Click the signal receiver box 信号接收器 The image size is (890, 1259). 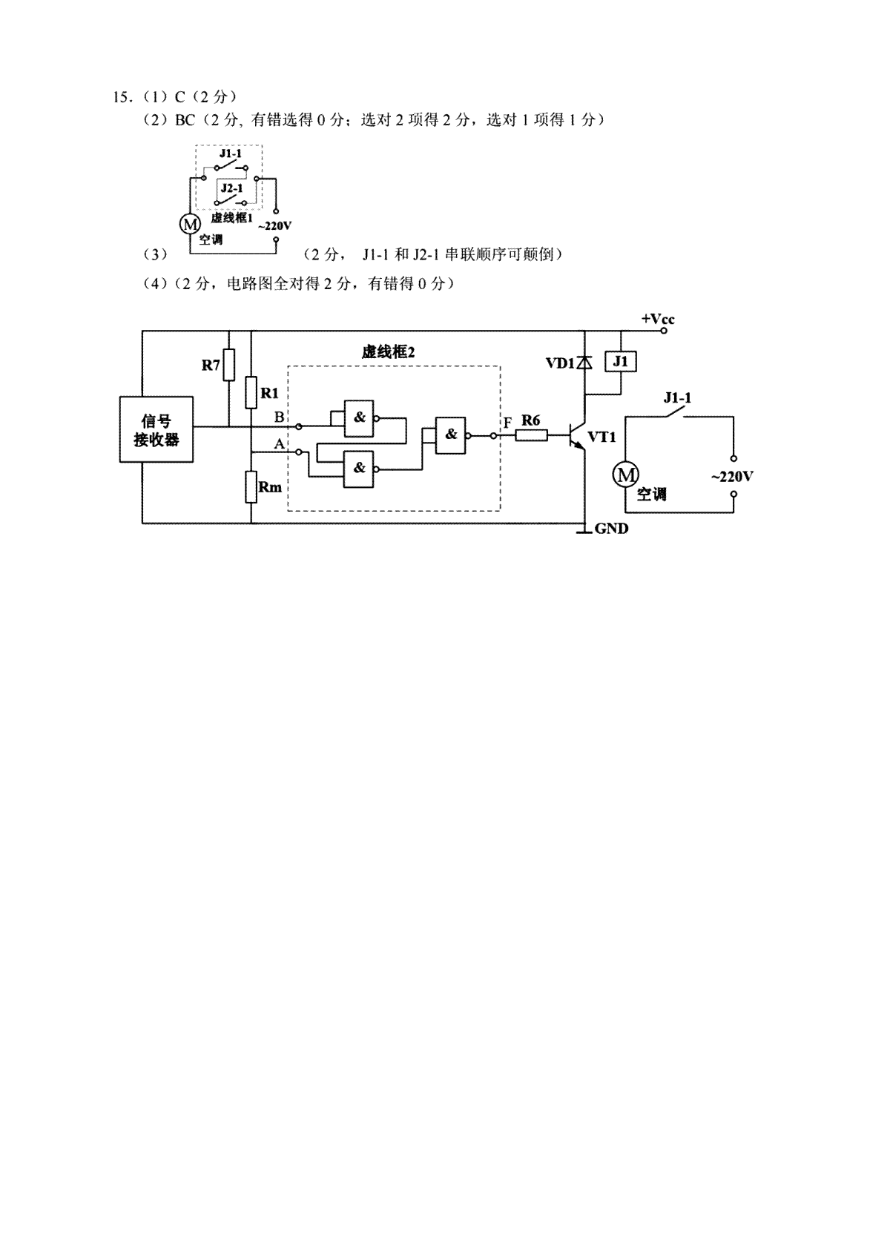tap(156, 429)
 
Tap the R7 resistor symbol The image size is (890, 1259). tap(229, 365)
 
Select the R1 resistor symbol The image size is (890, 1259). tap(251, 392)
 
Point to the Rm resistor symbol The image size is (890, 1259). tap(251, 486)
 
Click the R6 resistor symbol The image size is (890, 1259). tap(531, 435)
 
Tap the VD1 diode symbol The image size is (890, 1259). tap(584, 363)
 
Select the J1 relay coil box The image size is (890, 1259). tap(621, 361)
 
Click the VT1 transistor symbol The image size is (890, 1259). tap(578, 435)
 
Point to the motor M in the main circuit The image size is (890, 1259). tap(625, 475)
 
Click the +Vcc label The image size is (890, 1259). tap(658, 320)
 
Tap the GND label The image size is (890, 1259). tap(611, 529)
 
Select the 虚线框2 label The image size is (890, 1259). tap(388, 352)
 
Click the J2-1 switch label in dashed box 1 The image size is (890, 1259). tap(231, 188)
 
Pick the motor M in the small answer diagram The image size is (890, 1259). tap(190, 224)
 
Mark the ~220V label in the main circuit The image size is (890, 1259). tap(732, 478)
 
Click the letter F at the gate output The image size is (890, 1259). tap(508, 423)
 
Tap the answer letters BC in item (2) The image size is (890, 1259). tap(185, 119)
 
